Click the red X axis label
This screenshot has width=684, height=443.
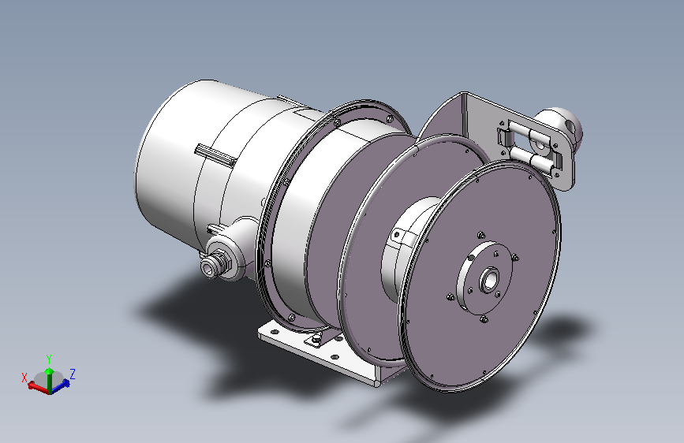(x=24, y=378)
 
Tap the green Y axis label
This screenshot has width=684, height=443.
(x=49, y=359)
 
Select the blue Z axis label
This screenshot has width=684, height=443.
(x=73, y=374)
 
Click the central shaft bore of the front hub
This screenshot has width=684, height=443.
(x=489, y=280)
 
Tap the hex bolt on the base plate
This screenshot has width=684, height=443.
(x=316, y=339)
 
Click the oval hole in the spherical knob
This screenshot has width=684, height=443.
(x=570, y=125)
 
